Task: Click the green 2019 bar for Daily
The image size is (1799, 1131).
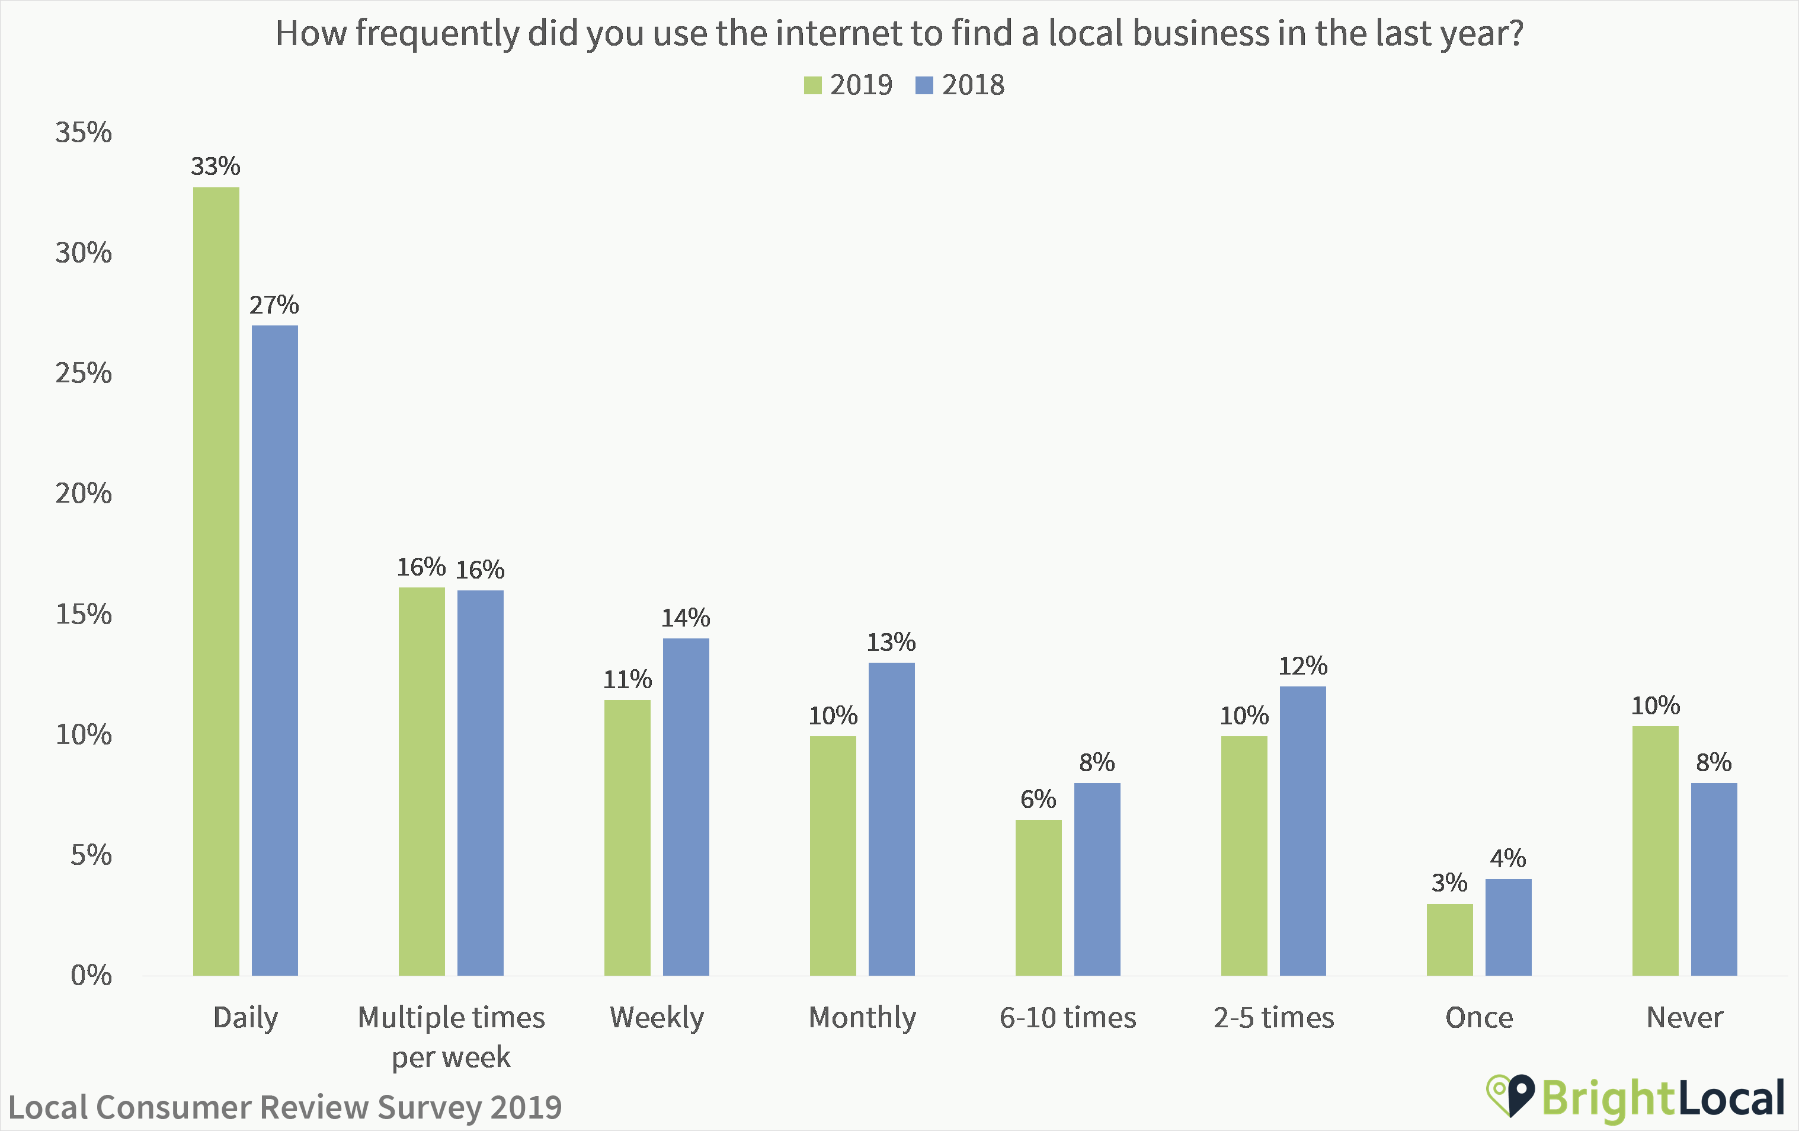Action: tap(216, 581)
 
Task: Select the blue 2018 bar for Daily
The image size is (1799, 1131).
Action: tap(274, 650)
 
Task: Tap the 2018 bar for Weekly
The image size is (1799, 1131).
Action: tap(686, 807)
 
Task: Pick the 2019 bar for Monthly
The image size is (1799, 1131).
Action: tap(833, 856)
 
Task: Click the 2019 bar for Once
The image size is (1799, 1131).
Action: tap(1449, 940)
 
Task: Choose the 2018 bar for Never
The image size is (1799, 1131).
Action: tap(1714, 879)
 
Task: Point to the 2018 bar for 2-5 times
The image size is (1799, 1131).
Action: tap(1302, 830)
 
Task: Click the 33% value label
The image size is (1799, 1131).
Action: tap(215, 166)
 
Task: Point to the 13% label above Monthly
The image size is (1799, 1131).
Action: tap(891, 642)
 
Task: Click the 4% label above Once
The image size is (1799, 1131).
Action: tap(1507, 858)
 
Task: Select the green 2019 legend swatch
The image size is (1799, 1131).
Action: tap(812, 85)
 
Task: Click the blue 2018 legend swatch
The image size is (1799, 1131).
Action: tap(924, 85)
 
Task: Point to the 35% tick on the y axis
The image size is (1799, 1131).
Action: tap(84, 132)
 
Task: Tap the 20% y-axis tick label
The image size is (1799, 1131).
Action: tap(84, 493)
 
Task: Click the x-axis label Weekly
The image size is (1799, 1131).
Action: tap(657, 1017)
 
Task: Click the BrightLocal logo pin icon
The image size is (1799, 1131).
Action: tap(1510, 1096)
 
